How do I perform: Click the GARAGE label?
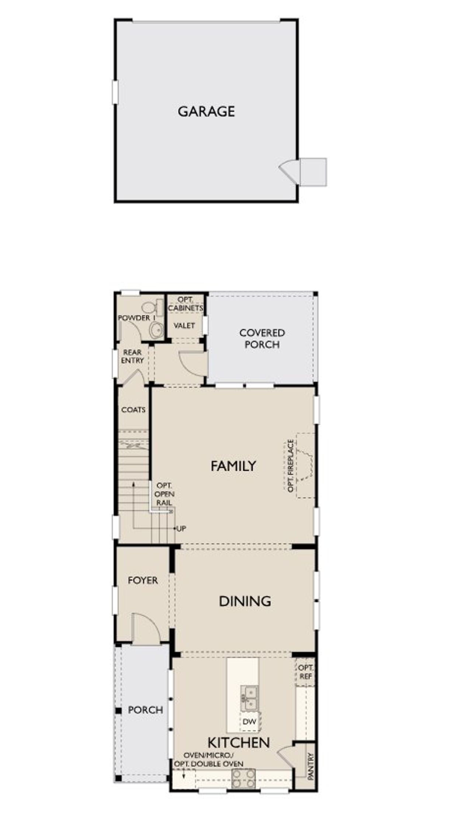coord(206,111)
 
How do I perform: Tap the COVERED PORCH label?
coord(262,338)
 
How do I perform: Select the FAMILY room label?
coord(233,466)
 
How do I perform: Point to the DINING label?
coord(245,601)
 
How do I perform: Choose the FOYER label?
coord(143,580)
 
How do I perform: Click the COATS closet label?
coord(133,409)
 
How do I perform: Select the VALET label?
coord(184,325)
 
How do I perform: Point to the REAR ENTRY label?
coord(132,356)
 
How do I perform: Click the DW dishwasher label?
coord(249,721)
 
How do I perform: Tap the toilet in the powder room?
coord(153,307)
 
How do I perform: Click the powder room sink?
coord(157,329)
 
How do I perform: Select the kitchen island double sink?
coord(249,698)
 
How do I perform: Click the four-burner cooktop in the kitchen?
coord(243,778)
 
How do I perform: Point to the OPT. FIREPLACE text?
coord(291,465)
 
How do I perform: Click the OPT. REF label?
coord(305,672)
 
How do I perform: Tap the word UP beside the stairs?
coord(181,528)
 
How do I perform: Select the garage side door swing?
coord(289,170)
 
